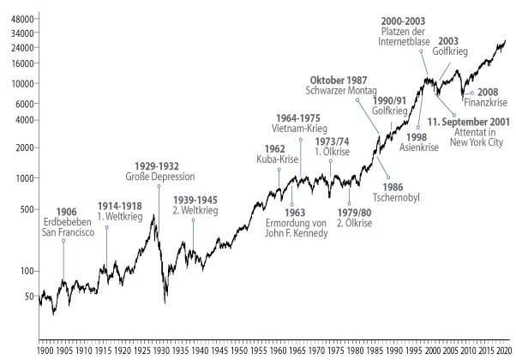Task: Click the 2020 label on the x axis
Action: coord(503,351)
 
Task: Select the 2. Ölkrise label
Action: coord(353,223)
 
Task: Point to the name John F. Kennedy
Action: coord(296,233)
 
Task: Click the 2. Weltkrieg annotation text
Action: coord(193,210)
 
